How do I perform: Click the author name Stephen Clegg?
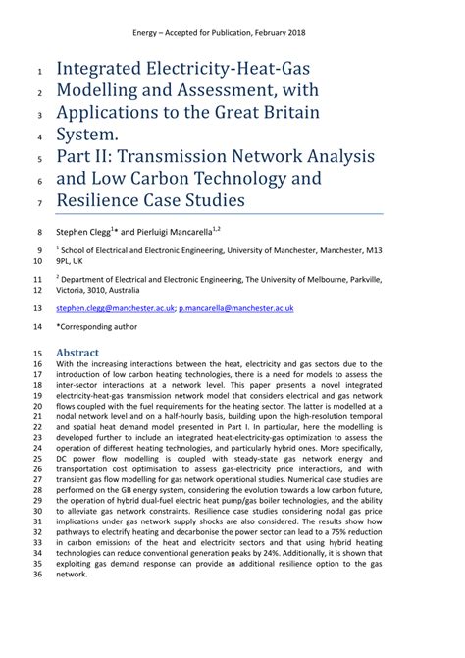click(x=85, y=233)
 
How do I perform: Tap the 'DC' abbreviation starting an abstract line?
click(x=63, y=460)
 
